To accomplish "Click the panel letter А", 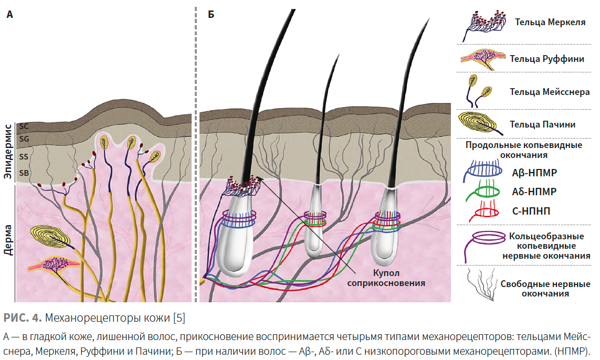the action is click(9, 15).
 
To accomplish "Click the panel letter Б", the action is click(211, 15).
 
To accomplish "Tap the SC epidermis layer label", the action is click(24, 126).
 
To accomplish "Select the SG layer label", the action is click(24, 139).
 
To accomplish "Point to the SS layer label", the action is click(24, 156).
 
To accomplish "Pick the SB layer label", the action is click(24, 173).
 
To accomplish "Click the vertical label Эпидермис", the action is click(8, 151).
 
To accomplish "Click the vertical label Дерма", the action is click(8, 239).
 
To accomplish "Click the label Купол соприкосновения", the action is click(386, 278).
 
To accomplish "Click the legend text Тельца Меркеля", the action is click(550, 22).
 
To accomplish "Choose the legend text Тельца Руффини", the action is click(547, 59).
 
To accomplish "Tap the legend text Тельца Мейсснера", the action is click(550, 92).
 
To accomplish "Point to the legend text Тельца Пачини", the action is click(542, 124).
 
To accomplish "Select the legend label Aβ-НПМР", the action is click(534, 173).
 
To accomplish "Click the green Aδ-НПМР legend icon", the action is click(483, 190).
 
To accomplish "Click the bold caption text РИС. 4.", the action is click(22, 317).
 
